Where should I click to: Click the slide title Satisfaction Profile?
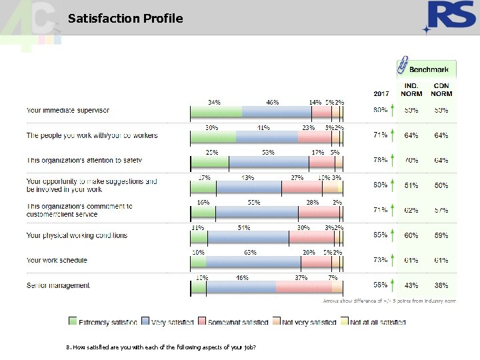coord(125,19)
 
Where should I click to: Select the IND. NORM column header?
coord(411,89)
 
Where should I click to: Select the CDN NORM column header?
coord(441,89)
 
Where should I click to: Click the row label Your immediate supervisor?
coord(67,110)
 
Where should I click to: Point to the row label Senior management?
coord(58,285)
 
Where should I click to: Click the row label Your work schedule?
coord(57,260)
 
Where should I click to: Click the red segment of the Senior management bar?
coord(303,287)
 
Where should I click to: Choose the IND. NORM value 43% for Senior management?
coord(411,285)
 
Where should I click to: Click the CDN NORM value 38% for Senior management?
coord(441,285)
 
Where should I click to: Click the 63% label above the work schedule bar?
coord(251,253)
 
